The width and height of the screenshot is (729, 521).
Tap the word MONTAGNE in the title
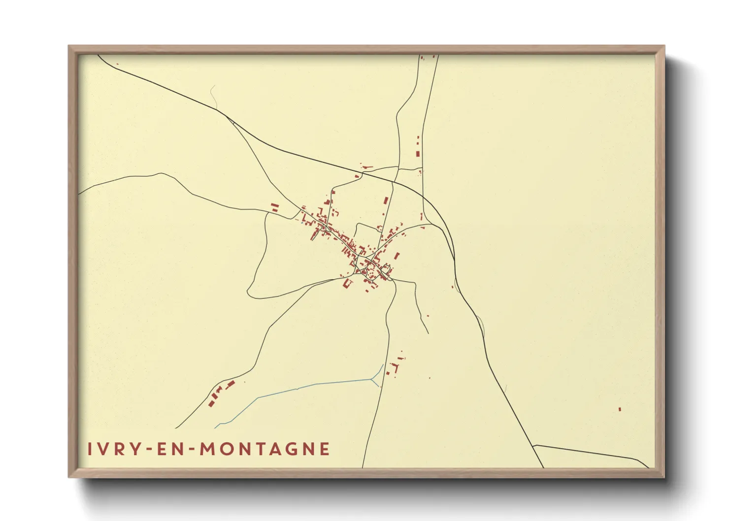coord(265,449)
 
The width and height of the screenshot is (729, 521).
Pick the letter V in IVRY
coord(102,449)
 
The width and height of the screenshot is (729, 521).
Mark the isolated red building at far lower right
coord(620,409)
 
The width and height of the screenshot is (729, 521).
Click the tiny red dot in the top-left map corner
coord(117,64)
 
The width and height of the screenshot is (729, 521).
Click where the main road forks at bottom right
coord(533,445)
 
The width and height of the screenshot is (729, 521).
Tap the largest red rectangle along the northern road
coord(418,154)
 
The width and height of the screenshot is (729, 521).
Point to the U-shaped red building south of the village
coord(346,283)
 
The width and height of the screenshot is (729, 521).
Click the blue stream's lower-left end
coord(216,427)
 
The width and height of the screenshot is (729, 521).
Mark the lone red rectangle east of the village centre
coord(397,255)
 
